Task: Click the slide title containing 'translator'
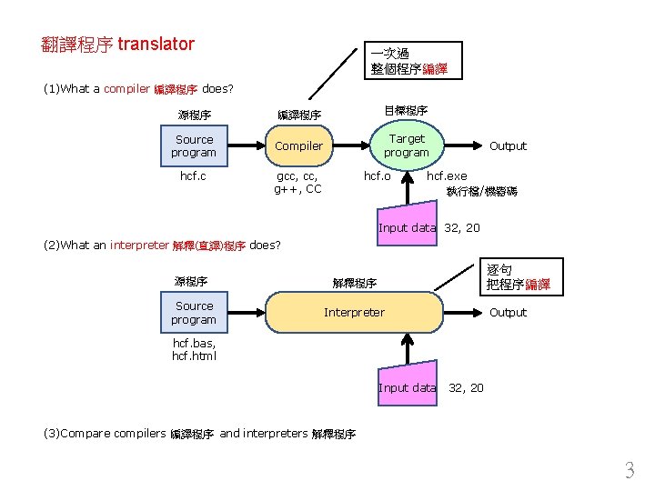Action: [118, 44]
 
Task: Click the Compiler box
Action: [298, 145]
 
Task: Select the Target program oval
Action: [406, 145]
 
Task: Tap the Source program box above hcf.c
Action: [194, 145]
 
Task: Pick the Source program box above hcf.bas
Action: [194, 313]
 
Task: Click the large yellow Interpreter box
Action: [355, 313]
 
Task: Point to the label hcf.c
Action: [194, 175]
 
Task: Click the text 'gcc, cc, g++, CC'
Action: [298, 182]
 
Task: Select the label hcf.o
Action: [378, 175]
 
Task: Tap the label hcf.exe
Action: [447, 175]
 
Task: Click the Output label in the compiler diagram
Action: [508, 145]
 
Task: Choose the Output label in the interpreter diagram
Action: [508, 313]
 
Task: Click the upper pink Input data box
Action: [407, 227]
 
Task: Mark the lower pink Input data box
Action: [407, 387]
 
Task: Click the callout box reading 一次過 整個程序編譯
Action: [409, 61]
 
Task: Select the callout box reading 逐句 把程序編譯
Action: [518, 277]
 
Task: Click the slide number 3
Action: [629, 471]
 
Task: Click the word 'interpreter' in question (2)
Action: [139, 245]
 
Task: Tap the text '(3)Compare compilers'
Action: [105, 433]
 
